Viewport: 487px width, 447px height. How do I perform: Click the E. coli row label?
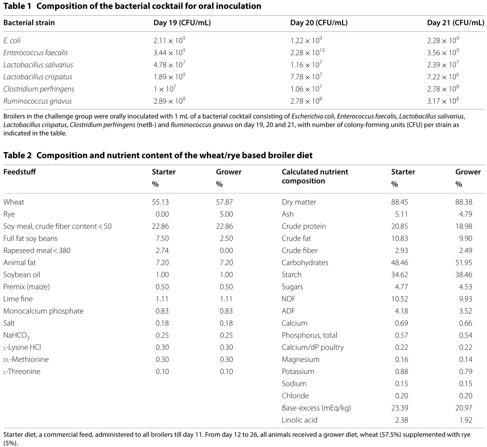click(12, 41)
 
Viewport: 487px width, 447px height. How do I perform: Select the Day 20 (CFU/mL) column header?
click(319, 23)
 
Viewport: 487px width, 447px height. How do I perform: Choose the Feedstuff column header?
click(20, 172)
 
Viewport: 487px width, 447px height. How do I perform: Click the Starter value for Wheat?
click(160, 202)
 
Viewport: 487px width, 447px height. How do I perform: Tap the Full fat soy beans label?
click(30, 238)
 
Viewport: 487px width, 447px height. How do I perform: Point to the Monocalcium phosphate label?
click(43, 311)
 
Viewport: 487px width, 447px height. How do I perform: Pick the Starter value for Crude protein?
click(400, 226)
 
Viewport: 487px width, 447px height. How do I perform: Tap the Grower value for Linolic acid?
click(465, 420)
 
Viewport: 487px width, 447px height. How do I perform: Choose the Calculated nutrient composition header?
click(314, 176)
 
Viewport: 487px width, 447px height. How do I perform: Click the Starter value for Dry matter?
click(400, 202)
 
